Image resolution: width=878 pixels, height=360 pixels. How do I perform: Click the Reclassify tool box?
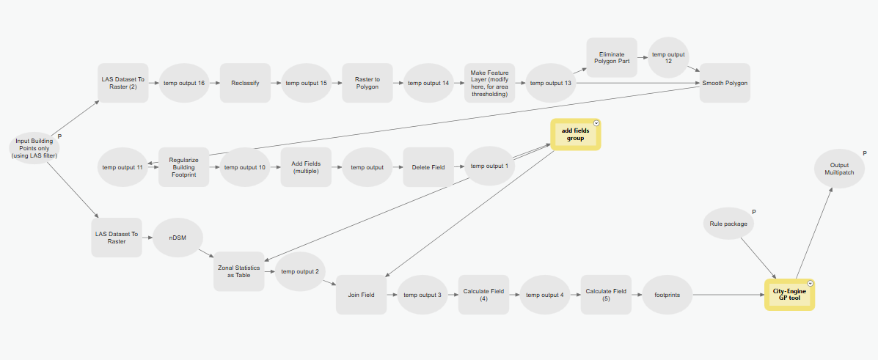point(245,83)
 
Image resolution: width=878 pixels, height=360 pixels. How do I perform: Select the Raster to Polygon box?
point(367,83)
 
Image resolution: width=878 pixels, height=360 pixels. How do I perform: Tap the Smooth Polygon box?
point(724,83)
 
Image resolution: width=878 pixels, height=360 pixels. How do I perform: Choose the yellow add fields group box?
point(576,134)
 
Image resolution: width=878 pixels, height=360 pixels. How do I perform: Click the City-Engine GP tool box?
point(789,295)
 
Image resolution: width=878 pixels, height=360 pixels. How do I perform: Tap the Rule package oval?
point(729,224)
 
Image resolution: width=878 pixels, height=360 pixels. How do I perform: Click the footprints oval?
point(667,295)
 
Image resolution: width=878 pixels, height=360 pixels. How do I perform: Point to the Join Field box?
point(361,295)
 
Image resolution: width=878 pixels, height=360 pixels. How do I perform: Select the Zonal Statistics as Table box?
point(238,272)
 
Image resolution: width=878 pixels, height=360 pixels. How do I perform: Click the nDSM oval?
point(175,237)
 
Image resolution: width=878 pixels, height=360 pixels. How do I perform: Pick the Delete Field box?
point(428,167)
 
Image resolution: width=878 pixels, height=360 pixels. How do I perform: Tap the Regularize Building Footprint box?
point(183,167)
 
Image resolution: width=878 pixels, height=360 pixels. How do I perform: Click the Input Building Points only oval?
point(35,148)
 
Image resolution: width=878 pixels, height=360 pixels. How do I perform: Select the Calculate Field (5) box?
point(606,295)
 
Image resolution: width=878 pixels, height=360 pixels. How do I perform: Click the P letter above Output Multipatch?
point(865,153)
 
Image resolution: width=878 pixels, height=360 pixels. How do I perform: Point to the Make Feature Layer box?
point(489,83)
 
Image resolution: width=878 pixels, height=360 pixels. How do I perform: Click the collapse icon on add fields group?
point(596,123)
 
